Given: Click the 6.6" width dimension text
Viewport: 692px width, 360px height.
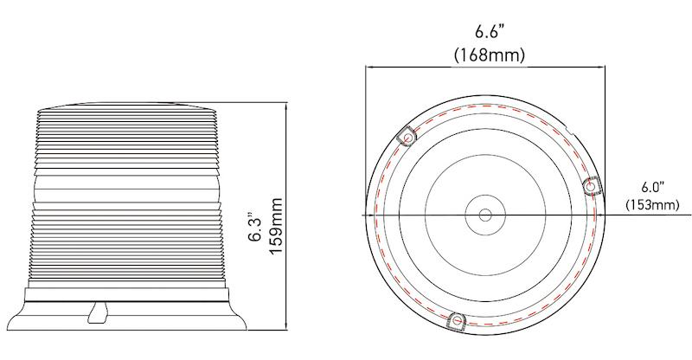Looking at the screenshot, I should tap(490, 32).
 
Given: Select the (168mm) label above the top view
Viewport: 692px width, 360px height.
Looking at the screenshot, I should tap(490, 54).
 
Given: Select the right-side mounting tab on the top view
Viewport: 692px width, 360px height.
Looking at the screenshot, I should tap(593, 185).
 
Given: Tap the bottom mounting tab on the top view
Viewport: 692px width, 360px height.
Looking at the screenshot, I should tap(456, 321).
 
